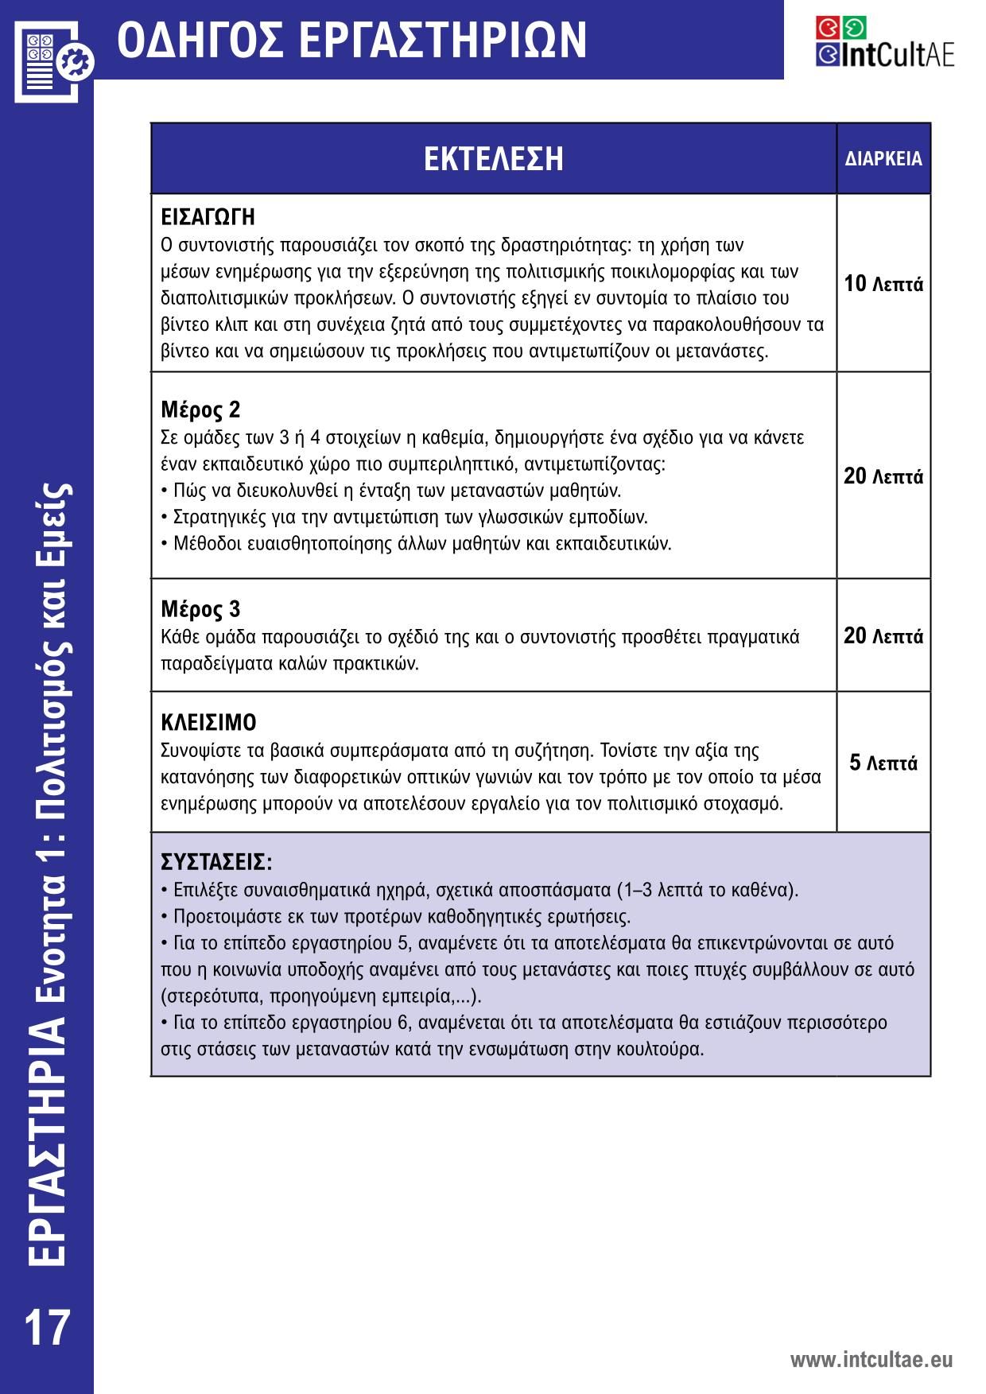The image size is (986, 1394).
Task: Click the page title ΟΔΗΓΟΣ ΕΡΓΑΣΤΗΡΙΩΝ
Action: click(351, 40)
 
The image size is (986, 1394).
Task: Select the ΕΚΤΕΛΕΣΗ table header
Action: click(493, 158)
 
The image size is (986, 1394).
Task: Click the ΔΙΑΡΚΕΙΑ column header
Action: click(883, 159)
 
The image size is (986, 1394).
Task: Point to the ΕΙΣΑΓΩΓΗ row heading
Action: click(208, 217)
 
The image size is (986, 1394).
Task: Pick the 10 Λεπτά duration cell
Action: click(883, 284)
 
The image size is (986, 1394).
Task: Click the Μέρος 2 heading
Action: click(200, 410)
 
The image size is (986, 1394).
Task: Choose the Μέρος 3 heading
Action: click(200, 610)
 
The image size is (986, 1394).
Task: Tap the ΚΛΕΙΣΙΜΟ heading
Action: click(208, 723)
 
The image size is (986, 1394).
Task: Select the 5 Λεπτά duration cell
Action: click(883, 763)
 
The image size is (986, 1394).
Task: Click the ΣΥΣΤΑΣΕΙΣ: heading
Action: click(216, 863)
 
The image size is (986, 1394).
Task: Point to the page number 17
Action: click(47, 1327)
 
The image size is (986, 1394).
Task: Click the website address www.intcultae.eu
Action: click(871, 1359)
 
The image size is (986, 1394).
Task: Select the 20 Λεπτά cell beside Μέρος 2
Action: click(883, 476)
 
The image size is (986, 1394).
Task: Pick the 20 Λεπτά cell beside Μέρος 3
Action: click(883, 636)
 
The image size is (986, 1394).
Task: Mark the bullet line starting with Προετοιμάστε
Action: click(396, 916)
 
